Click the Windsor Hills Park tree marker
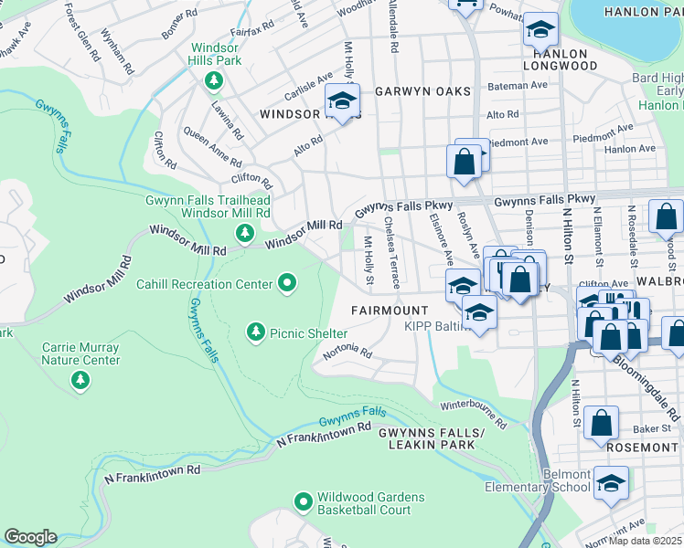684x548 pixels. (x=214, y=81)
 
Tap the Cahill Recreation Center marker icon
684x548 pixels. (x=287, y=284)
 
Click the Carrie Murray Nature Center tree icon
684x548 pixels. (x=81, y=380)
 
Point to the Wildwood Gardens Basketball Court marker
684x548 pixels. (x=303, y=501)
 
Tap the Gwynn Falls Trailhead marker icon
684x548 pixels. (x=245, y=234)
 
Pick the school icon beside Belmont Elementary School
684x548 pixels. (x=611, y=484)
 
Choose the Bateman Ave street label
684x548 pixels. (x=518, y=85)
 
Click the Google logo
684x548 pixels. (x=31, y=537)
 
